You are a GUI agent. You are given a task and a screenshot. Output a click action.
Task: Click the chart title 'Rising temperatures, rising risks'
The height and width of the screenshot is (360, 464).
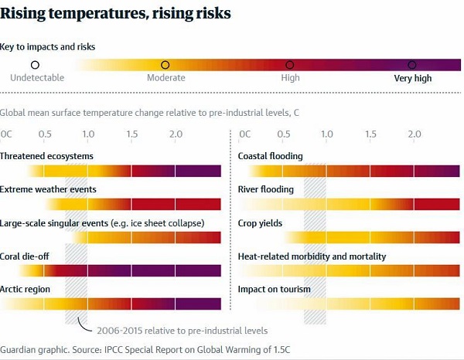(x=115, y=14)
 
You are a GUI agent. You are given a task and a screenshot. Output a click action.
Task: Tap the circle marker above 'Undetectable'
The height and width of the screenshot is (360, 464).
(x=35, y=66)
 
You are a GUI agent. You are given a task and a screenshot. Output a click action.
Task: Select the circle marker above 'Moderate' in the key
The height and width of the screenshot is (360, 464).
(x=165, y=66)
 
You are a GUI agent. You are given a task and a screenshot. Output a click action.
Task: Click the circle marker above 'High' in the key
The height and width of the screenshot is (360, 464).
(x=290, y=66)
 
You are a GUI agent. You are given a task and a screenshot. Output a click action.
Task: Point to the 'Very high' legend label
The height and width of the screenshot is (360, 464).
(x=412, y=78)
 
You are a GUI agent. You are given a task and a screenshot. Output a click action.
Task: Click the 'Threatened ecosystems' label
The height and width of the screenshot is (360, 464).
(x=46, y=156)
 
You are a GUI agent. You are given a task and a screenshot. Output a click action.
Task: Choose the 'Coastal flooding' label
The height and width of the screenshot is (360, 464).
(x=270, y=156)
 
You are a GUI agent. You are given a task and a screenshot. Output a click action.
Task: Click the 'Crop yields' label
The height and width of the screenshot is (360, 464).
(x=260, y=223)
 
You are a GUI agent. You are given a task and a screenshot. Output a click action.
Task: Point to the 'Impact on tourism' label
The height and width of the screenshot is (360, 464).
(x=275, y=290)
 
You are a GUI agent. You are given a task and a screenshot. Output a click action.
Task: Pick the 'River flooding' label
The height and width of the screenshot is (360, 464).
(x=266, y=189)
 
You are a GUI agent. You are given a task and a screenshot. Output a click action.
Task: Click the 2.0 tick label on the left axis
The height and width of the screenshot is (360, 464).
(x=176, y=134)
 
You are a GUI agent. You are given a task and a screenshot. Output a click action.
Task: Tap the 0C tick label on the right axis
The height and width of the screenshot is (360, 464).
(x=245, y=134)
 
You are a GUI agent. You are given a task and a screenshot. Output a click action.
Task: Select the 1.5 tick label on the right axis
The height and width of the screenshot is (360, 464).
(x=371, y=134)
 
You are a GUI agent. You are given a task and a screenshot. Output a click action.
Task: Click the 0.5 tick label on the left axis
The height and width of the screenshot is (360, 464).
(x=45, y=134)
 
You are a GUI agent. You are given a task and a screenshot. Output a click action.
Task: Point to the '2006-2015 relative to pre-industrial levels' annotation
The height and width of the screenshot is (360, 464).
(x=183, y=330)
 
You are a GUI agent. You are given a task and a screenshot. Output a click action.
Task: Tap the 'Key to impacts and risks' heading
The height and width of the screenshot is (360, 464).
(x=47, y=46)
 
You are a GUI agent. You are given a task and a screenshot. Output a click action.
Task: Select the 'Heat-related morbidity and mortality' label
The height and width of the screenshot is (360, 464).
(x=312, y=256)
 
